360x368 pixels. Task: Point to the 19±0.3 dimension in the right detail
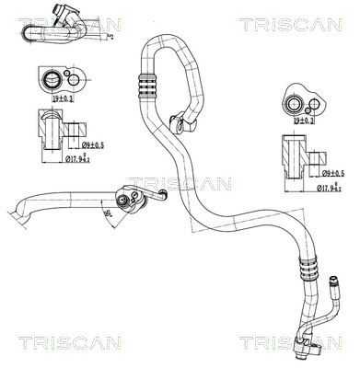point(304,120)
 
